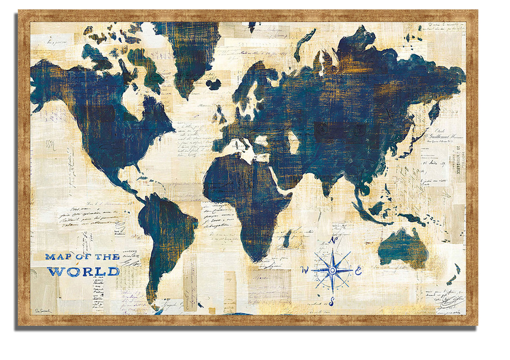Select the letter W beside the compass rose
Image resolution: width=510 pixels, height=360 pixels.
(x=305, y=269)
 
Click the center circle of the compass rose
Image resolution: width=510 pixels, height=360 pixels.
(x=333, y=270)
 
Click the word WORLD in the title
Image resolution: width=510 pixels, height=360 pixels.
(x=84, y=271)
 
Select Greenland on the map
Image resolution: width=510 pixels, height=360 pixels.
(x=191, y=54)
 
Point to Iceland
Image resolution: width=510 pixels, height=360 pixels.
(x=213, y=84)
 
